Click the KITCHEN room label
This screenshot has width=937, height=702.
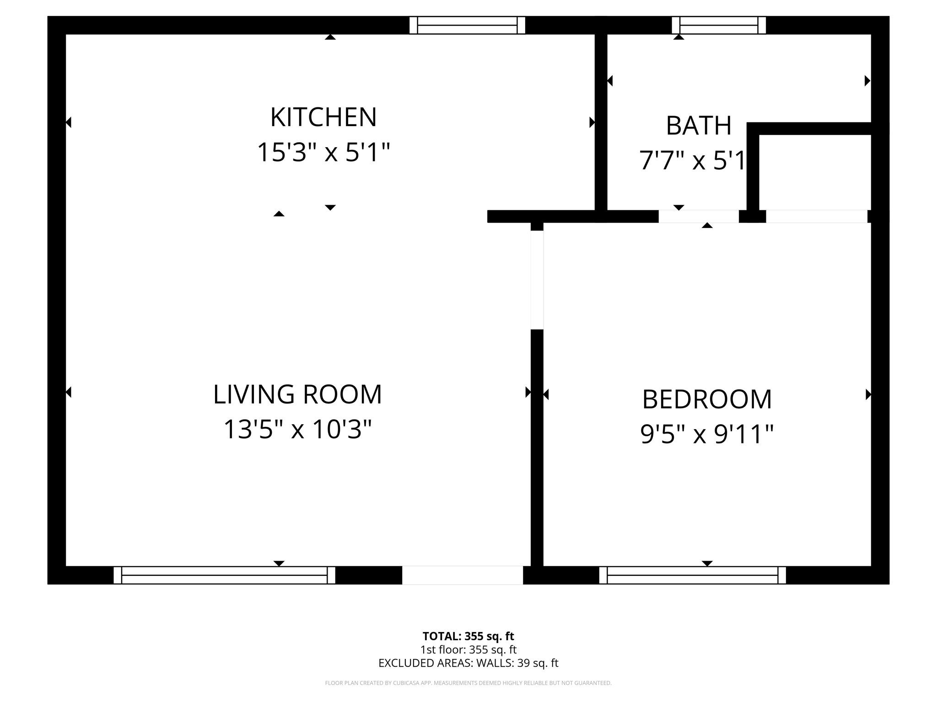tap(323, 117)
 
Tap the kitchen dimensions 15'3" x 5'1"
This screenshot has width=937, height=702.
tap(323, 152)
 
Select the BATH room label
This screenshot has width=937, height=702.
tap(698, 126)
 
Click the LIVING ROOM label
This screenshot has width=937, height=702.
tap(297, 394)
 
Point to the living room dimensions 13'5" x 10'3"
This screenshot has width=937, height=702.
tap(297, 430)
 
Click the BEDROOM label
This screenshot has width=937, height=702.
tap(707, 399)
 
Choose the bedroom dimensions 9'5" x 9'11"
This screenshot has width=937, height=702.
tap(707, 434)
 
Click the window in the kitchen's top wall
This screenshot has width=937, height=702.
tap(467, 25)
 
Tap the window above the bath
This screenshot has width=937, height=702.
tap(719, 25)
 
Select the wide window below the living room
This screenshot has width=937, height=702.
tap(224, 575)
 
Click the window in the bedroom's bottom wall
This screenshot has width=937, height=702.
tap(692, 575)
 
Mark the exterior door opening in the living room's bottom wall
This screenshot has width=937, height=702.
tap(462, 575)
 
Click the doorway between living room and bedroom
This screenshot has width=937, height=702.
tap(537, 280)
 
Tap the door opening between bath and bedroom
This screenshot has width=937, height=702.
tap(698, 216)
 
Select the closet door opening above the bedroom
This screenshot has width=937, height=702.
tap(816, 216)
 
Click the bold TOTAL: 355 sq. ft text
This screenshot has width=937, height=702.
tap(468, 636)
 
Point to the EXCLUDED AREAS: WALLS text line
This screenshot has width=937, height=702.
tap(468, 663)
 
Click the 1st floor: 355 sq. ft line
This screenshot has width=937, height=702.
tap(468, 649)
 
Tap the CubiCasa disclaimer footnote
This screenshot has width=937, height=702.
tap(468, 683)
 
